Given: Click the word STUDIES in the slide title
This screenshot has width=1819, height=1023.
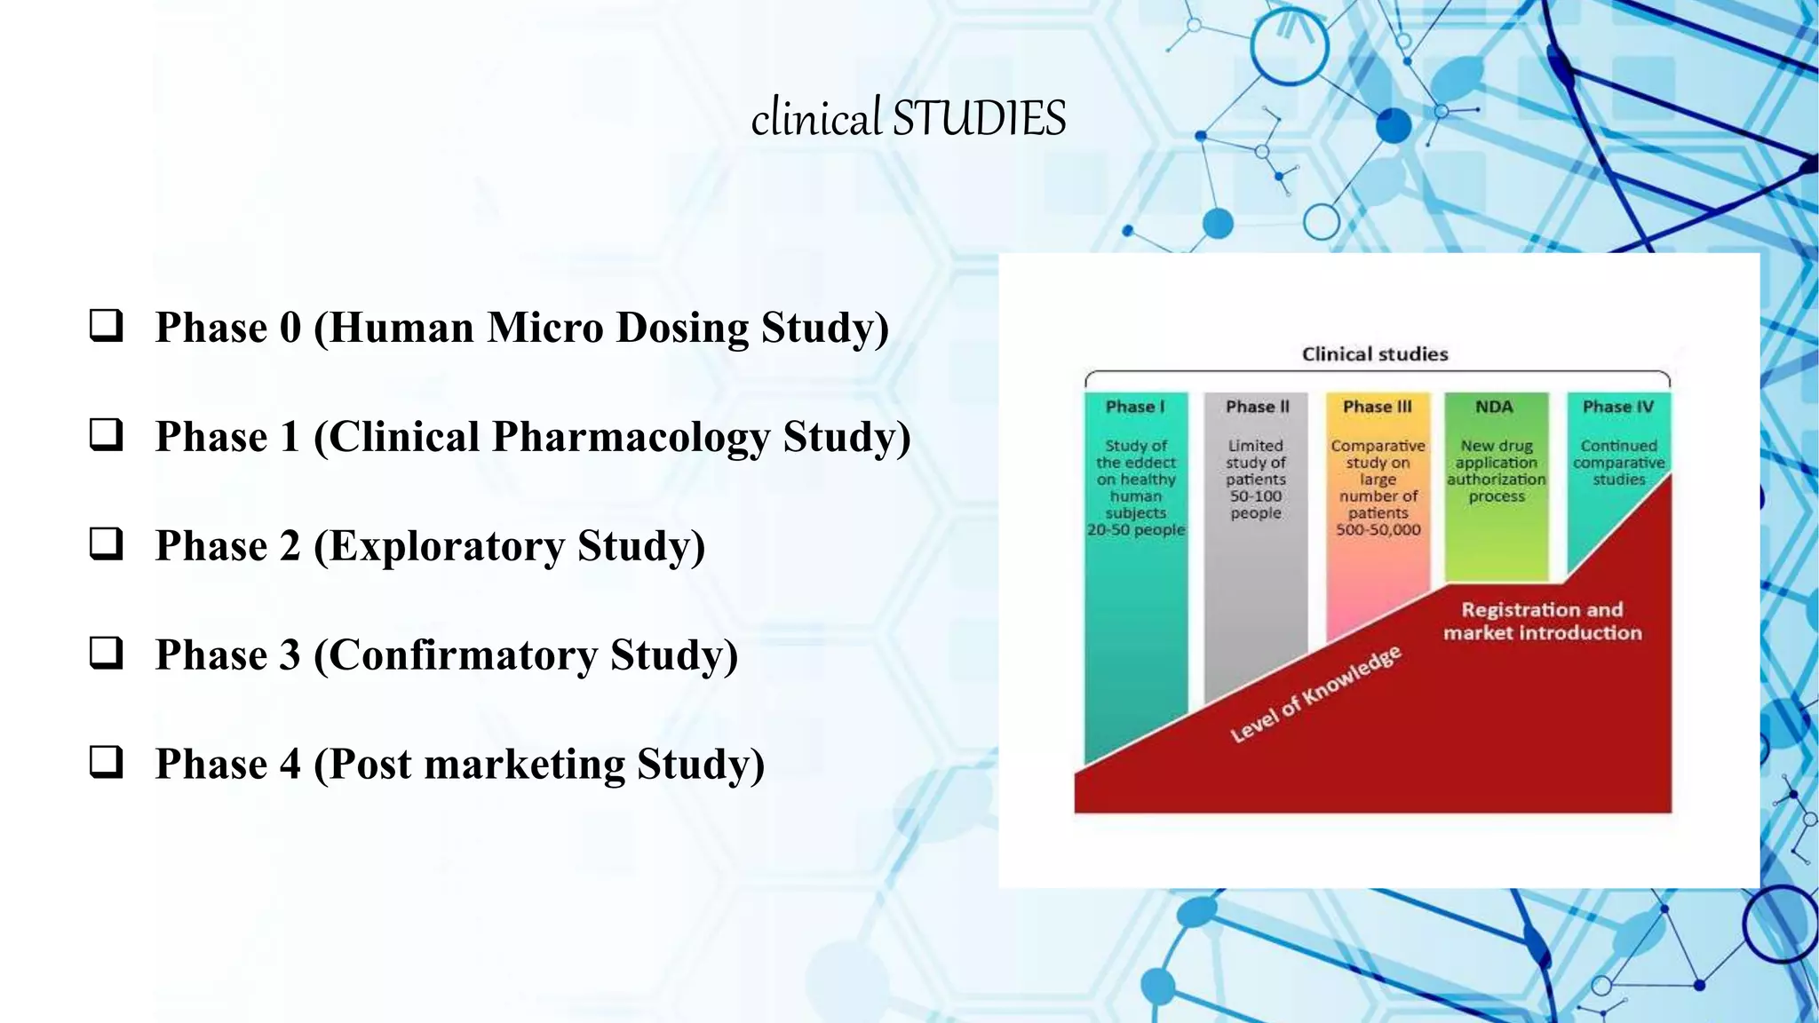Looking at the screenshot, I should click(x=979, y=119).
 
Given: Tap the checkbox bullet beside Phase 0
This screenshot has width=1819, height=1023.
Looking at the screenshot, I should click(x=106, y=326).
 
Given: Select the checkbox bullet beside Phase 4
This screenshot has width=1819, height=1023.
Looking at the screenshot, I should click(x=106, y=763).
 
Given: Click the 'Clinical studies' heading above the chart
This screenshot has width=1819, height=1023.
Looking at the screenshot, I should click(x=1374, y=354).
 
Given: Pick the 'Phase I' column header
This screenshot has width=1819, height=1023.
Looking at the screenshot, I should click(x=1134, y=407).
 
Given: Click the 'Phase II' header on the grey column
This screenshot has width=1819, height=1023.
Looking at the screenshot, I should click(x=1257, y=407).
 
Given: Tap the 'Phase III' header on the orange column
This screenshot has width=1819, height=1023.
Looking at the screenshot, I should click(x=1377, y=407).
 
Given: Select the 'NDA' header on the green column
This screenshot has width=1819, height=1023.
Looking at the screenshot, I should click(x=1494, y=407).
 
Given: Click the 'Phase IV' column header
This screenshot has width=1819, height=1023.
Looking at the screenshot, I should click(x=1617, y=407).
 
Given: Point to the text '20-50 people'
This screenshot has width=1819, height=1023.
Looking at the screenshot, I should click(x=1136, y=530).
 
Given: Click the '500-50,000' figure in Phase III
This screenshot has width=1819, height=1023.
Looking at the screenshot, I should click(x=1378, y=530).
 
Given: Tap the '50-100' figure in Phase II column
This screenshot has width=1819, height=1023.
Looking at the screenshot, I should click(x=1256, y=496).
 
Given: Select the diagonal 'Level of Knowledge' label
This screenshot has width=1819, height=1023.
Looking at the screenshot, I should click(x=1315, y=694).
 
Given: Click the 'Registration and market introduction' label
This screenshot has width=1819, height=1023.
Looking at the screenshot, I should click(x=1542, y=621).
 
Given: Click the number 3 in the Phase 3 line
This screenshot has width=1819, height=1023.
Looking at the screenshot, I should click(x=290, y=655).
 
